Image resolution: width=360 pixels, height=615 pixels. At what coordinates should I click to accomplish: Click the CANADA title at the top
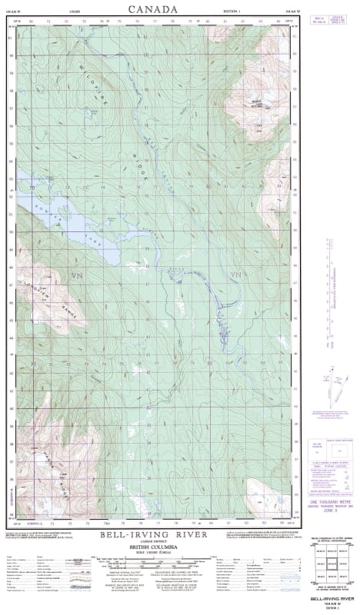152,9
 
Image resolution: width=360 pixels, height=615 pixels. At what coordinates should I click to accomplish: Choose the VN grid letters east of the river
235,274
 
